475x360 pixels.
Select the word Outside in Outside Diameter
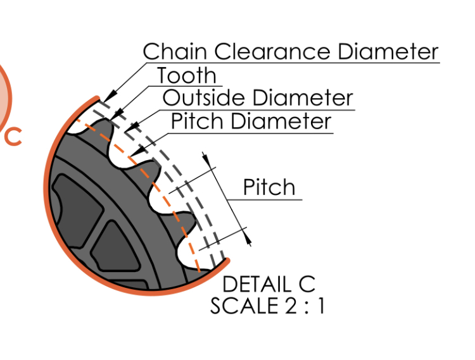(204, 98)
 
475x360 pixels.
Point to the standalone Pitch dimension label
(269, 187)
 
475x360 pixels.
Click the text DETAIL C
(269, 284)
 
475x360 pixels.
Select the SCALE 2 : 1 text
(267, 306)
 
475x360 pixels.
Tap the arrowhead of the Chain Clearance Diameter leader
(105, 99)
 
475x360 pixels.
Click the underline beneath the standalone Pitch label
(266, 199)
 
